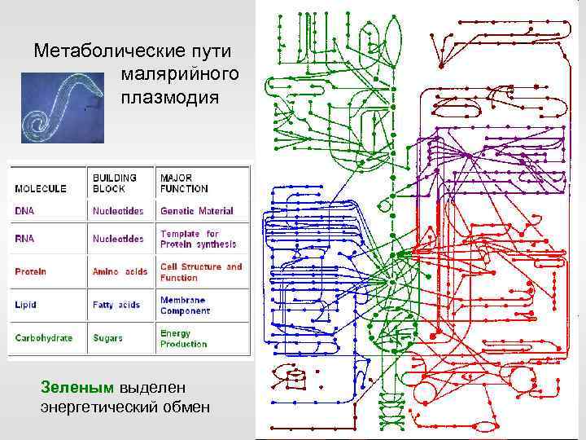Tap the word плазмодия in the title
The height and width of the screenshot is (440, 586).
coord(169,98)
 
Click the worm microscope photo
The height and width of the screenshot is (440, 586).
coord(62,108)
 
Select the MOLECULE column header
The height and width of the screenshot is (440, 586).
coord(41,188)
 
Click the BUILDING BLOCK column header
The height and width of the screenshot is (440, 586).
coord(115,183)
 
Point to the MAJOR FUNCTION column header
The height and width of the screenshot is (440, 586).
coord(185,183)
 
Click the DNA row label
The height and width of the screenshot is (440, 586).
coord(24,211)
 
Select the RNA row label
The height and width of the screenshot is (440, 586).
coord(24,240)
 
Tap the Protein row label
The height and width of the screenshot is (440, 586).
coord(30,271)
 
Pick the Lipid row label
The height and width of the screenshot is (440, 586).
coord(26,305)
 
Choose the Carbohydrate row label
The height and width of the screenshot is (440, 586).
coord(43,338)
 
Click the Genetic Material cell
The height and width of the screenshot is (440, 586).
coord(196,211)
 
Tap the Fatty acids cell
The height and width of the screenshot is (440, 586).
coord(116,305)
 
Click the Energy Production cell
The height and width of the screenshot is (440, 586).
coord(183,338)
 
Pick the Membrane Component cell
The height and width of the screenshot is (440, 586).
coord(185,305)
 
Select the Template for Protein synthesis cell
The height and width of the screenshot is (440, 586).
coord(198,238)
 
